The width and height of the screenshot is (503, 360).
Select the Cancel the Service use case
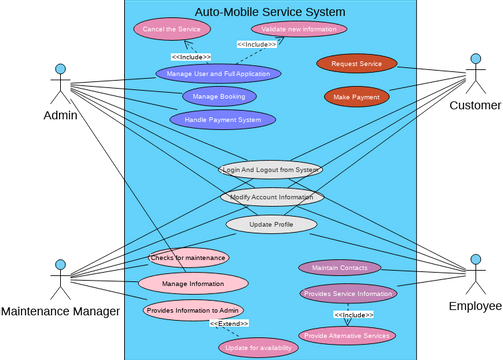[x=171, y=29]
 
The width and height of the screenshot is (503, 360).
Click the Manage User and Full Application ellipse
[x=218, y=73]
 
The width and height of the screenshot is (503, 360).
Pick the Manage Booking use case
[x=219, y=96]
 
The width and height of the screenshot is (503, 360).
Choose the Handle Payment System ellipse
[x=222, y=120]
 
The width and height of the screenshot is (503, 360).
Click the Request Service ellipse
[x=356, y=64]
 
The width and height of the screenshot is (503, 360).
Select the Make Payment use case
[x=356, y=97]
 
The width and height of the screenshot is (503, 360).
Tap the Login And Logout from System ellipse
[x=270, y=169]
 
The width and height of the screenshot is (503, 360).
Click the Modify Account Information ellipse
[x=272, y=196]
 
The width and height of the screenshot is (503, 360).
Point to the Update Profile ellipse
[x=271, y=224]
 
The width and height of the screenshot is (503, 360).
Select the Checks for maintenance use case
[x=188, y=257]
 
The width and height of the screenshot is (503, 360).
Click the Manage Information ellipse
[x=193, y=283]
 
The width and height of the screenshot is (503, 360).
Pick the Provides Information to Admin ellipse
[x=193, y=310]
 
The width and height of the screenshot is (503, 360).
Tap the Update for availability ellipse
[x=258, y=347]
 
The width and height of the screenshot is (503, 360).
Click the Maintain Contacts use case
[x=340, y=267]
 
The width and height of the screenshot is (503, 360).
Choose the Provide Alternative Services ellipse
[x=347, y=335]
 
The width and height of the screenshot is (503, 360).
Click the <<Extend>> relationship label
[x=229, y=324]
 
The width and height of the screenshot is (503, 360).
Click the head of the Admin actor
[x=60, y=69]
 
